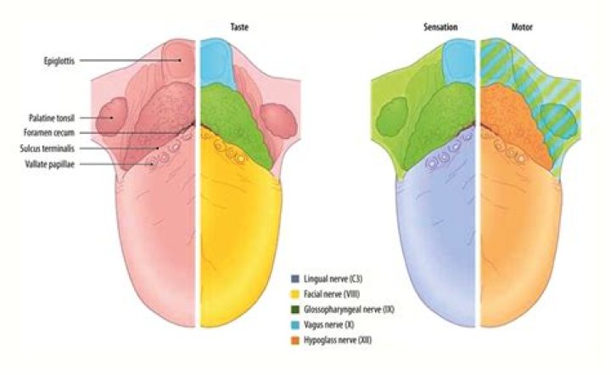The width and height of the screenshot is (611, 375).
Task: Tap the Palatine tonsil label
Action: (51, 118)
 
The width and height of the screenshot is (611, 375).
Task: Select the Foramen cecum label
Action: (53, 132)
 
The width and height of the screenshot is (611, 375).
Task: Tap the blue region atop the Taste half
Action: (216, 64)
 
